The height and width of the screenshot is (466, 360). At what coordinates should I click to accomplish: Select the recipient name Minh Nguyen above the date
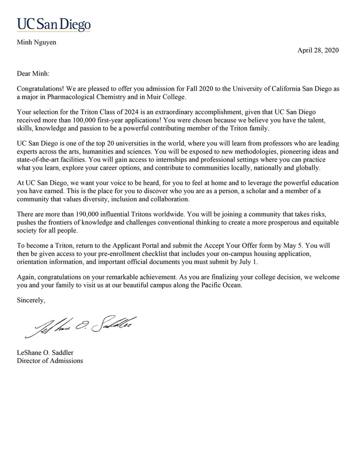36,42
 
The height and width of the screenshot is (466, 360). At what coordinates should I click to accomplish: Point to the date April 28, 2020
318,50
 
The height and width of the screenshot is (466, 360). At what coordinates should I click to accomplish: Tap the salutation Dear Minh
33,73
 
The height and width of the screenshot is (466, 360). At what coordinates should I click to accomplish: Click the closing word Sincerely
31,300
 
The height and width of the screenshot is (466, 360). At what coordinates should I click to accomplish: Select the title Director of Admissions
50,360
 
